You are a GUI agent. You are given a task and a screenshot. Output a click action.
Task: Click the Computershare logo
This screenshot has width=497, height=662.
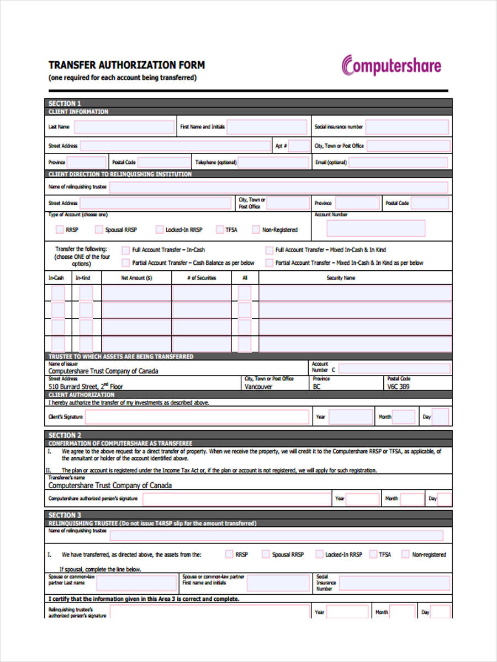click(x=392, y=66)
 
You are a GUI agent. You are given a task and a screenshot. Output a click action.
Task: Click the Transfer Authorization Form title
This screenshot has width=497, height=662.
click(x=126, y=65)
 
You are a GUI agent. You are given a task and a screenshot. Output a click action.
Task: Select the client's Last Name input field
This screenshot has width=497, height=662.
click(x=124, y=127)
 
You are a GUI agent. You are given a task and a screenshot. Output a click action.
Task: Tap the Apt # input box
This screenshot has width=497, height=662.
click(x=299, y=146)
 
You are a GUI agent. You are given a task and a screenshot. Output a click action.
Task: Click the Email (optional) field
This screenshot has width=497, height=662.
click(x=399, y=163)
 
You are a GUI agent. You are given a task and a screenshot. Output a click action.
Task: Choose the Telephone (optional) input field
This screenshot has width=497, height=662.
click(x=274, y=163)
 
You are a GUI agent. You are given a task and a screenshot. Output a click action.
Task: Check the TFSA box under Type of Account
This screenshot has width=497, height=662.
click(x=219, y=229)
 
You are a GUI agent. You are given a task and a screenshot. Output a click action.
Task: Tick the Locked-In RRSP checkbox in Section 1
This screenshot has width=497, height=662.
click(x=160, y=229)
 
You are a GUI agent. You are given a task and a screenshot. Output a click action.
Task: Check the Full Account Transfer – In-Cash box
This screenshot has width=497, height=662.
click(x=126, y=250)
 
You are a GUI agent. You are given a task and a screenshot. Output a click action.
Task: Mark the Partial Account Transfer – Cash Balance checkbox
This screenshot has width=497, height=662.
click(x=126, y=263)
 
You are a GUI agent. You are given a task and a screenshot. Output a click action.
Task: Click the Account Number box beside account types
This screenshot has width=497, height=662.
click(x=376, y=228)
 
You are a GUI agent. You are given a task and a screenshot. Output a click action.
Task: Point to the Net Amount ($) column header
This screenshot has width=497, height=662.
click(x=136, y=278)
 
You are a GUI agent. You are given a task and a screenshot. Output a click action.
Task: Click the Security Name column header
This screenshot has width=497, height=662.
click(x=341, y=278)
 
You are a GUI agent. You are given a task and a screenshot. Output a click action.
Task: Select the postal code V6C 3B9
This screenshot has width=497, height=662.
click(x=398, y=387)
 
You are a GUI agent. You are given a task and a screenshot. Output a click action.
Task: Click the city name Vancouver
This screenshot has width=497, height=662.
click(x=258, y=387)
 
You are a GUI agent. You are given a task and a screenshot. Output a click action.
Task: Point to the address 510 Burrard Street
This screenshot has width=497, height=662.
click(x=86, y=387)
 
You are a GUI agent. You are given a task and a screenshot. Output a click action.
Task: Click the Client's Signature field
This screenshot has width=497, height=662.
click(x=197, y=417)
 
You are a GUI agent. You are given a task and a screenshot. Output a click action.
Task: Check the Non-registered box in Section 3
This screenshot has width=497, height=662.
click(x=405, y=554)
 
